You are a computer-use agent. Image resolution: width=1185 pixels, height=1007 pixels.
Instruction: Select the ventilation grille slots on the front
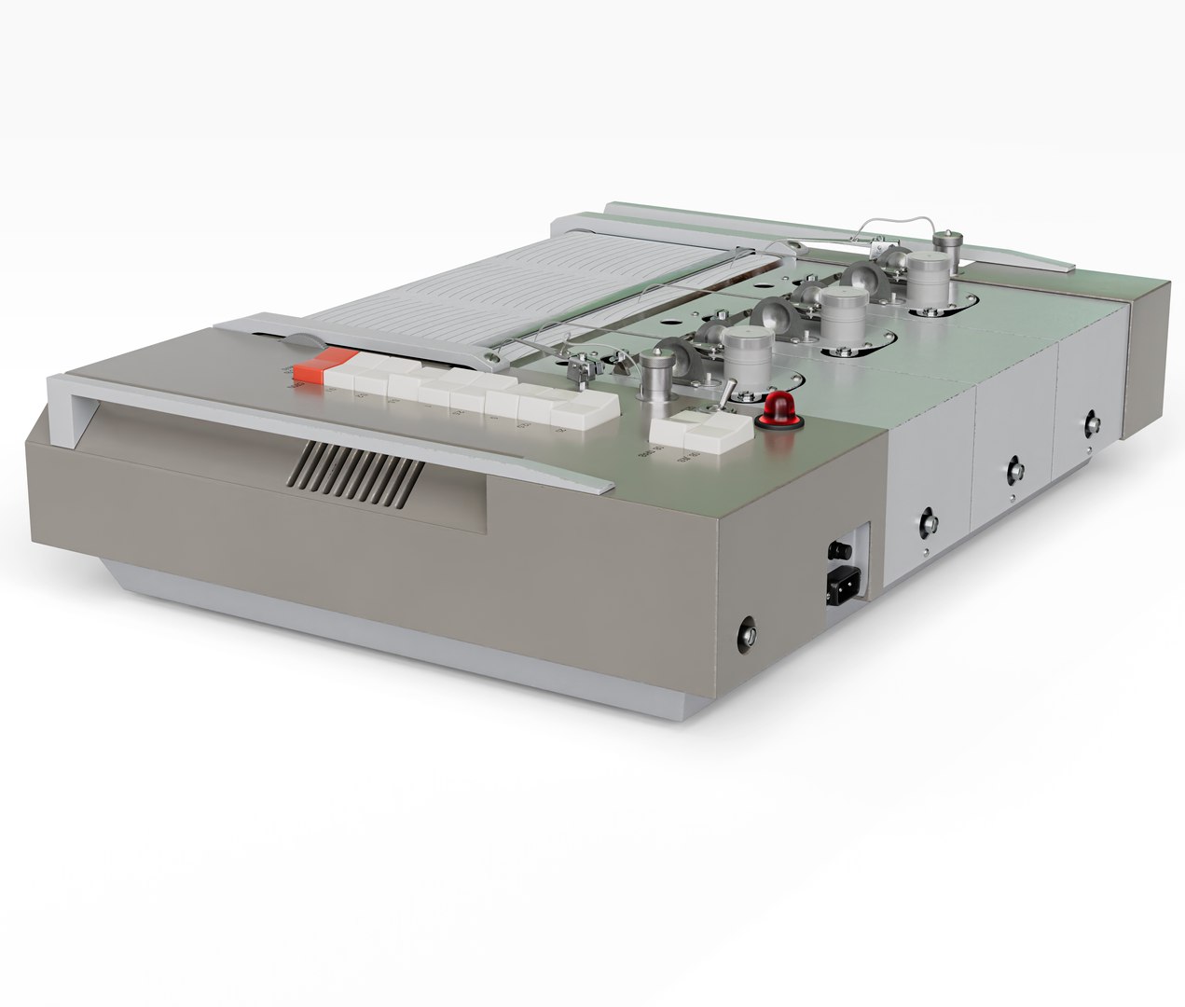click(x=354, y=470)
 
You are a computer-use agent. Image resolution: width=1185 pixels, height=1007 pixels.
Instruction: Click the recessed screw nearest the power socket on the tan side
click(x=748, y=635)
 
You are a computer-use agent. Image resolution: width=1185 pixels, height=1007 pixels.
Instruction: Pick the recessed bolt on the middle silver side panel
click(x=1013, y=468)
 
